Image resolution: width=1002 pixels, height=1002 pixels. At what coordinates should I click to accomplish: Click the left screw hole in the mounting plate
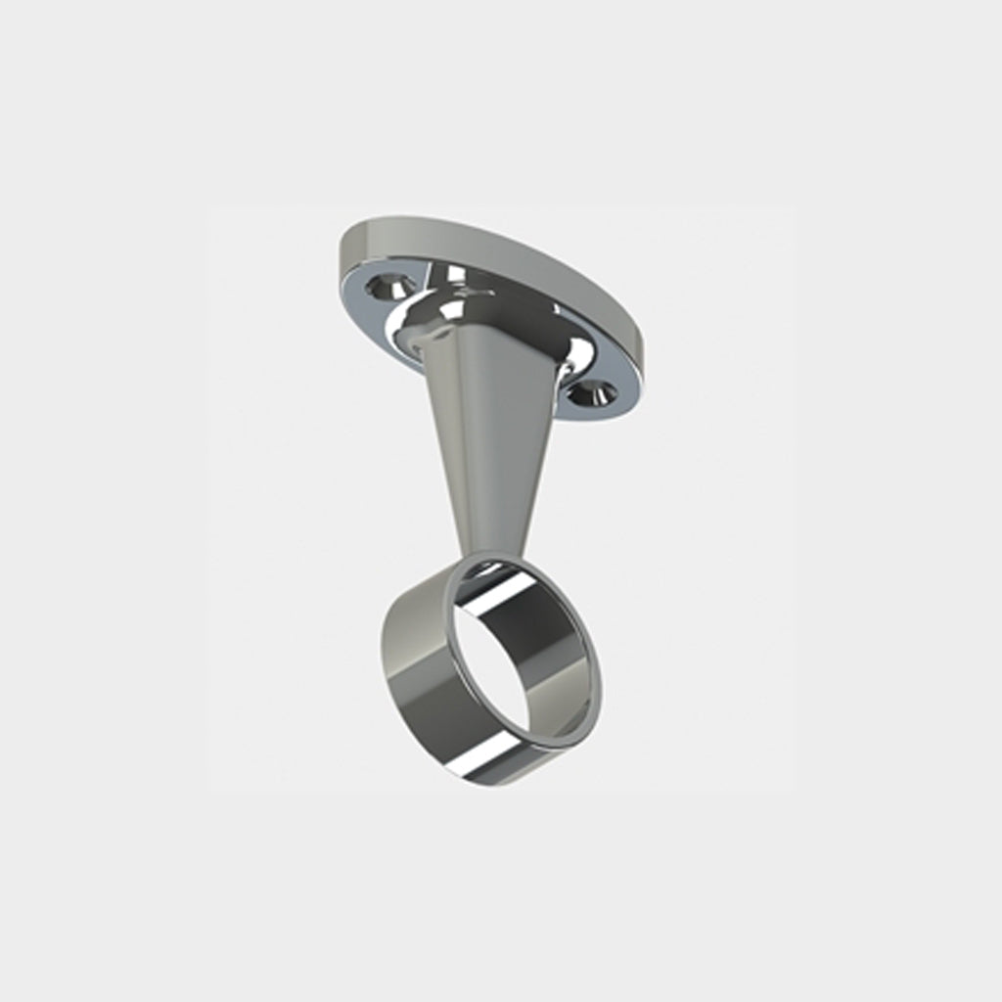[x=388, y=286]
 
